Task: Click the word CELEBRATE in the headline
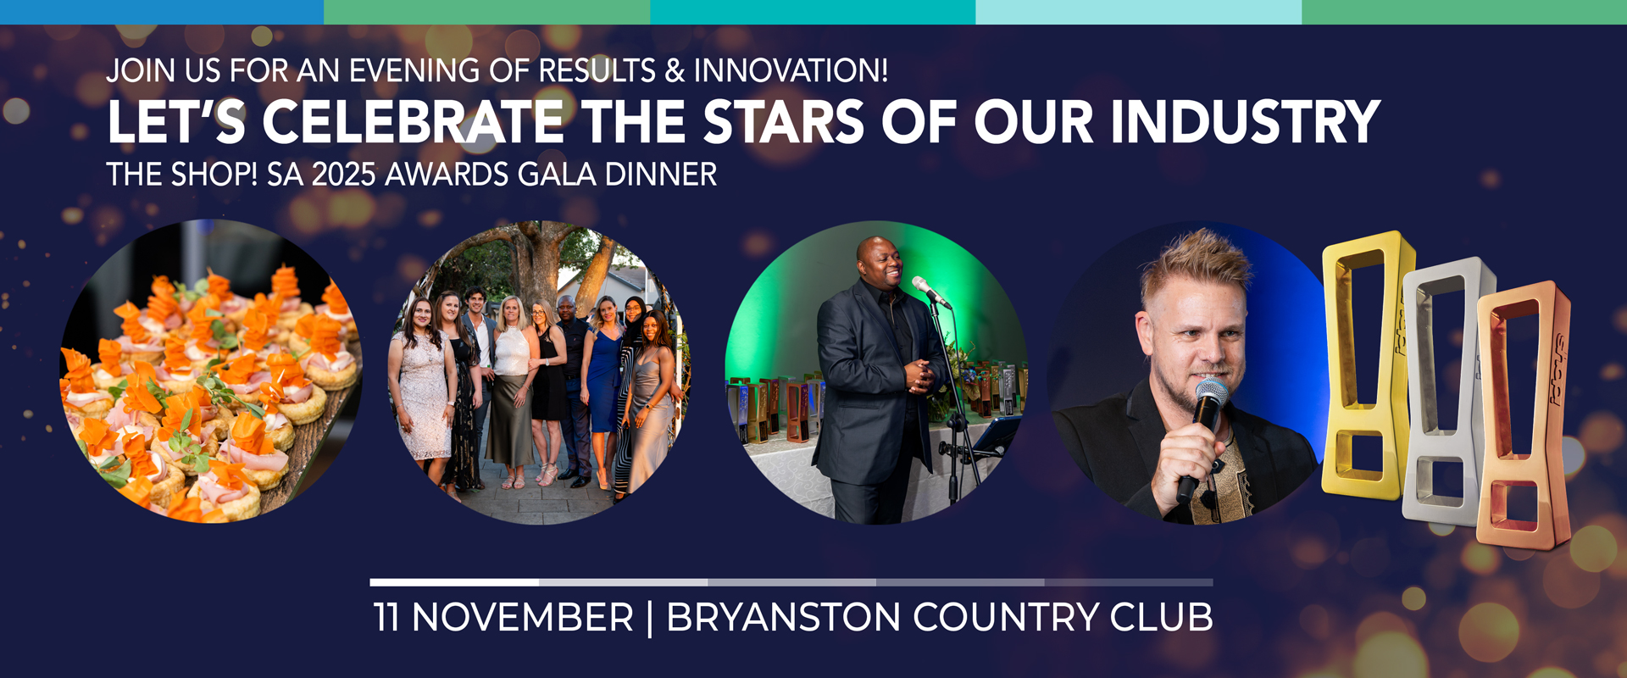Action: pyautogui.click(x=414, y=122)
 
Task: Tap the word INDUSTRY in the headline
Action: pyautogui.click(x=1246, y=122)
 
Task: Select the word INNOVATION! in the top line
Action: pyautogui.click(x=791, y=70)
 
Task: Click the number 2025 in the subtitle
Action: pyautogui.click(x=344, y=175)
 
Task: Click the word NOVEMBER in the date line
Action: pyautogui.click(x=523, y=617)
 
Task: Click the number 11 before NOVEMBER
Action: pyautogui.click(x=386, y=617)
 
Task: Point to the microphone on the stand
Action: pyautogui.click(x=930, y=292)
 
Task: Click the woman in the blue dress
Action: pyautogui.click(x=604, y=381)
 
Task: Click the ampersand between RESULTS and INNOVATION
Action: pyautogui.click(x=675, y=71)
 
